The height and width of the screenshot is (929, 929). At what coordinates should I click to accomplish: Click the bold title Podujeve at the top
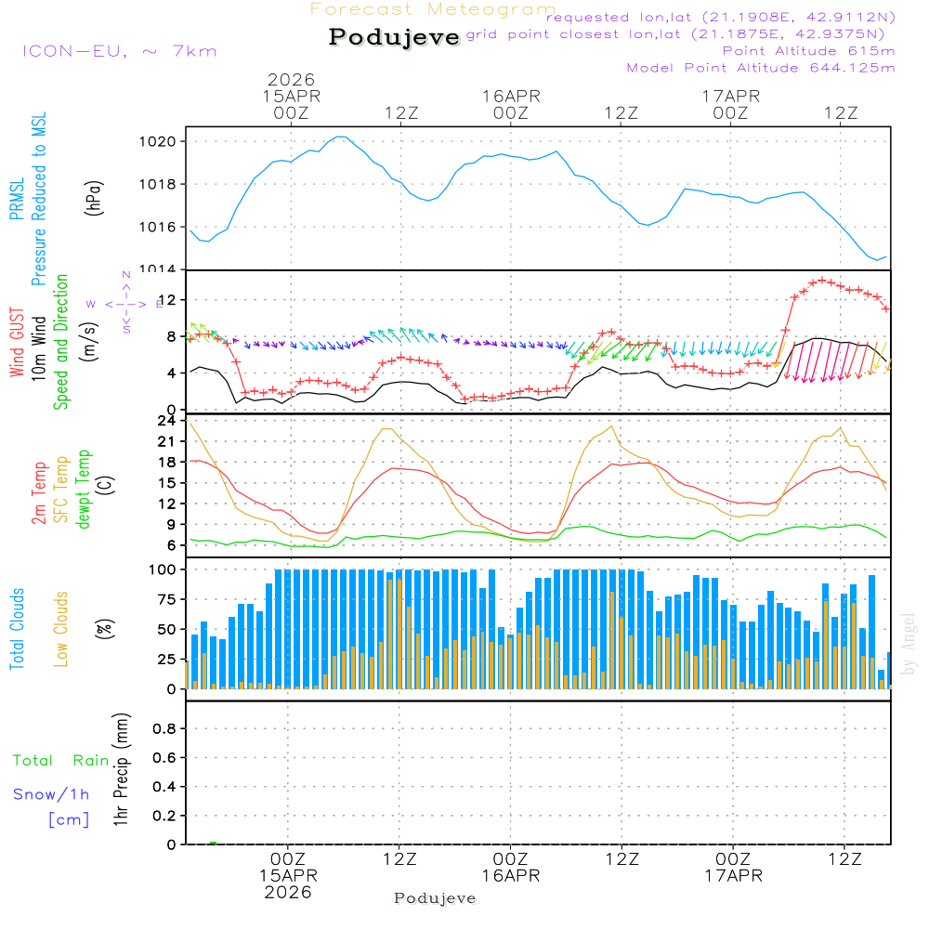tap(395, 37)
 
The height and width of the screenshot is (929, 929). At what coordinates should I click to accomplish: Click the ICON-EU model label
tap(119, 51)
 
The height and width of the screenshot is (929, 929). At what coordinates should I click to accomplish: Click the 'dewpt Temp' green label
tap(84, 490)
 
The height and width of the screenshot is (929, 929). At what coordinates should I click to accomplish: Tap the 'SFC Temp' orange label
tap(61, 490)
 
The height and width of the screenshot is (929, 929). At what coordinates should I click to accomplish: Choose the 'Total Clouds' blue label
tap(17, 629)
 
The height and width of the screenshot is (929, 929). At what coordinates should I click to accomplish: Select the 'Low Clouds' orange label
tap(61, 629)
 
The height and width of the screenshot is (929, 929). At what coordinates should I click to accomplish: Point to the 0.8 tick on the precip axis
tap(164, 729)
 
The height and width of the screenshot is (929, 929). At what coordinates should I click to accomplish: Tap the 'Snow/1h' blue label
tap(51, 794)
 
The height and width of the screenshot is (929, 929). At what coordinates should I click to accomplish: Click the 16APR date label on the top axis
tap(511, 96)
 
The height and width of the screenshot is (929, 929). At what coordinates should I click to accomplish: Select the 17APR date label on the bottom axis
tap(733, 875)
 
